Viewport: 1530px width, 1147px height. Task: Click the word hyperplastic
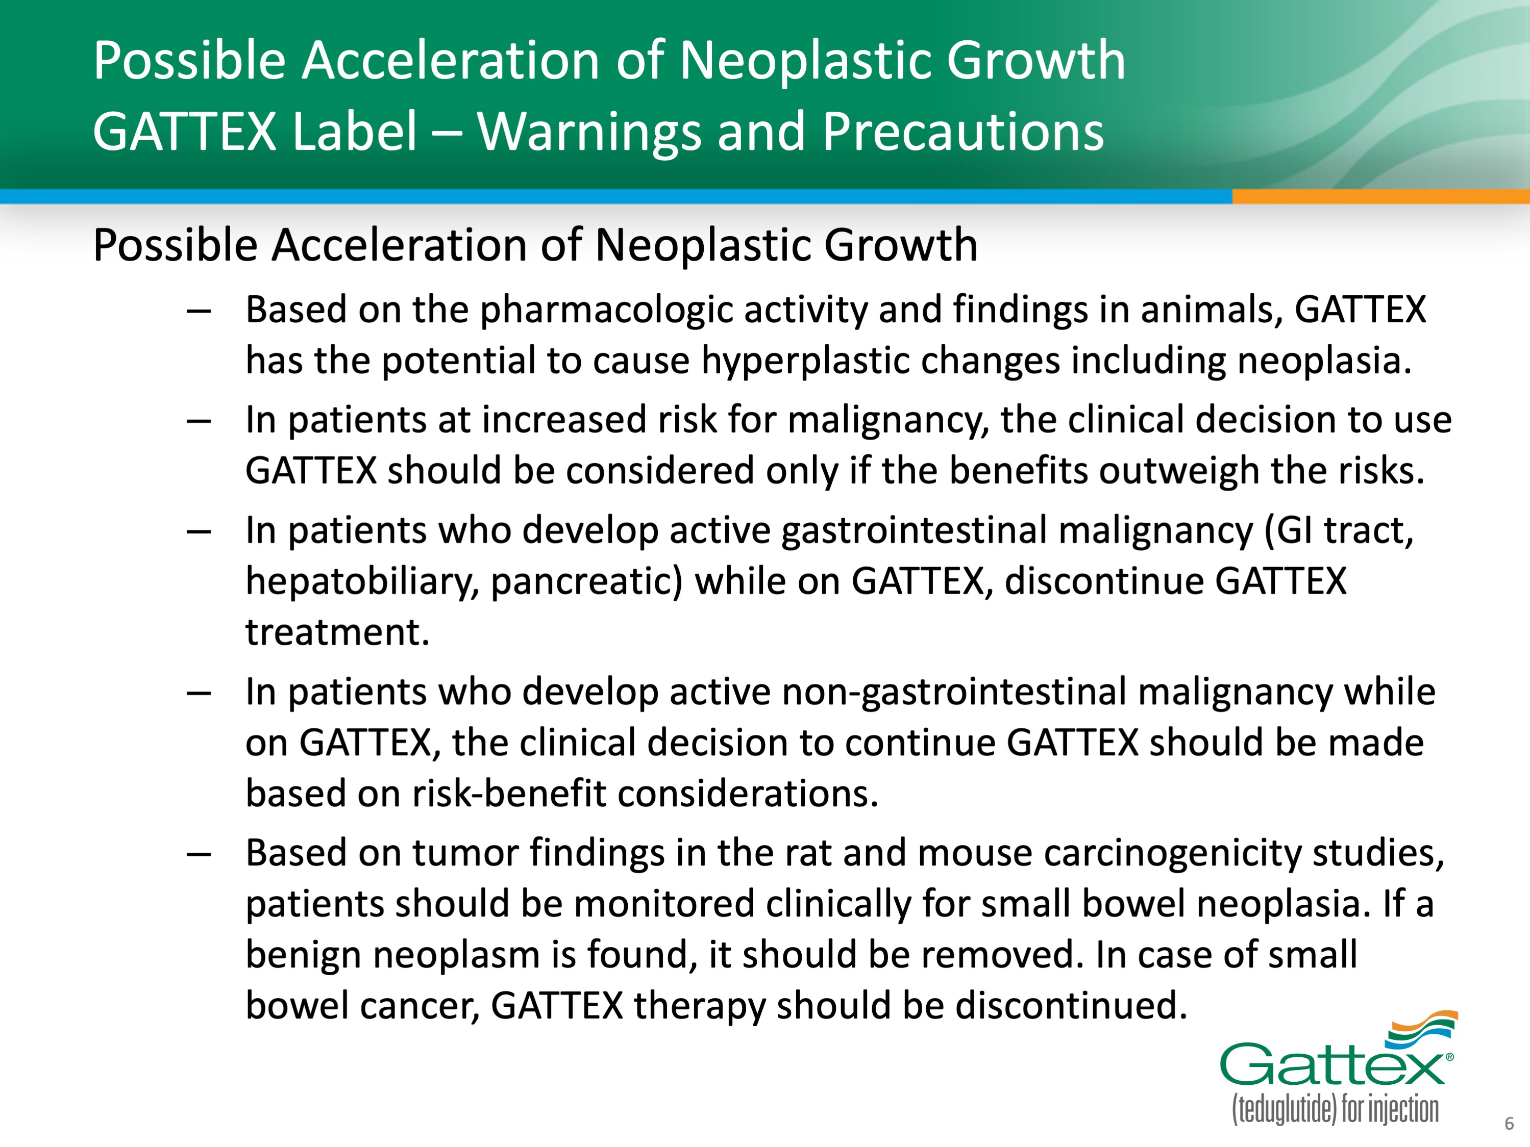805,362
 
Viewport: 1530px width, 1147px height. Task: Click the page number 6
1509,1124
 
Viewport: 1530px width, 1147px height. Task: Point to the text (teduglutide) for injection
1335,1110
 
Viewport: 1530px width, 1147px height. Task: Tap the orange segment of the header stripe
1380,196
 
